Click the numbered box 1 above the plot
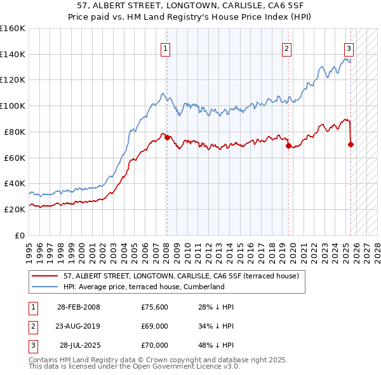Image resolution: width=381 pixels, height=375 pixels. point(165,48)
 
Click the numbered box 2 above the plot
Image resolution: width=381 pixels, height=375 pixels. point(286,48)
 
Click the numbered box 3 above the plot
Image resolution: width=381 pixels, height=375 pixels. point(349,48)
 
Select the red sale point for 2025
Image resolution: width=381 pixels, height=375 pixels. point(351,144)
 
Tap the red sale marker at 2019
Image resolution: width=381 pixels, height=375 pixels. point(288,146)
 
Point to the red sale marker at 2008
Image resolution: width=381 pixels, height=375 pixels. point(167,137)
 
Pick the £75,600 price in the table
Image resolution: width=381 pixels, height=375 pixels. point(154,307)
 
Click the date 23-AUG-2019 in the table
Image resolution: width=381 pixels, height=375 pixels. point(78,326)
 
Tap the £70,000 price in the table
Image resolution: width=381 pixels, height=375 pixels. point(154,345)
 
